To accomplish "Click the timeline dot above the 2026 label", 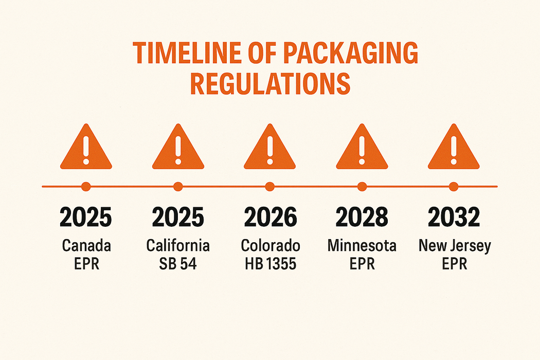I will click(269, 187).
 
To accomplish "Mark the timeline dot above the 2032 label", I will click(454, 187).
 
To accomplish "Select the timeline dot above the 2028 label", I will click(362, 187).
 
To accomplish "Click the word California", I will click(178, 245).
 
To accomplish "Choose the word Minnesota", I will click(362, 245).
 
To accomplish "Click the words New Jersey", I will click(454, 245).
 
